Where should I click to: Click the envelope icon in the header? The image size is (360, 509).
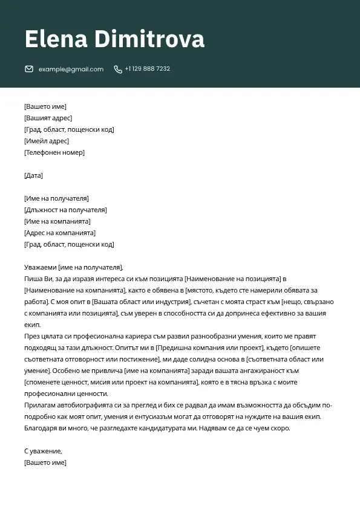(29, 69)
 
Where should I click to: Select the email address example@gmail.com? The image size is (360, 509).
(71, 69)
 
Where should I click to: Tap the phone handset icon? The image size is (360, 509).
(118, 69)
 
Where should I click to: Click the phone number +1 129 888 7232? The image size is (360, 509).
(147, 69)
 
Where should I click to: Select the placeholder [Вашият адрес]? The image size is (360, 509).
(48, 118)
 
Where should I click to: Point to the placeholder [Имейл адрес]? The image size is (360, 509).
(47, 141)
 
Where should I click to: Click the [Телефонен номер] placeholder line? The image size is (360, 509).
(54, 152)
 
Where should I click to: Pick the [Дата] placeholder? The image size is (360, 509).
(33, 175)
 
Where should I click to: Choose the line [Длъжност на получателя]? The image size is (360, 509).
(65, 210)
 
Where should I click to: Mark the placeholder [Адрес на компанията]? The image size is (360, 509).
(60, 233)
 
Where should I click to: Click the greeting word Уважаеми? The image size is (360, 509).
(40, 267)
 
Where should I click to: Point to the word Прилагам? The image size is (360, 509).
(39, 405)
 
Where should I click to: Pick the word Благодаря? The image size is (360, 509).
(41, 428)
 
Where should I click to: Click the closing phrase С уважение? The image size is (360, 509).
(43, 451)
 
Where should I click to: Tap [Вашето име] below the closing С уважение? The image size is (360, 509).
(45, 462)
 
